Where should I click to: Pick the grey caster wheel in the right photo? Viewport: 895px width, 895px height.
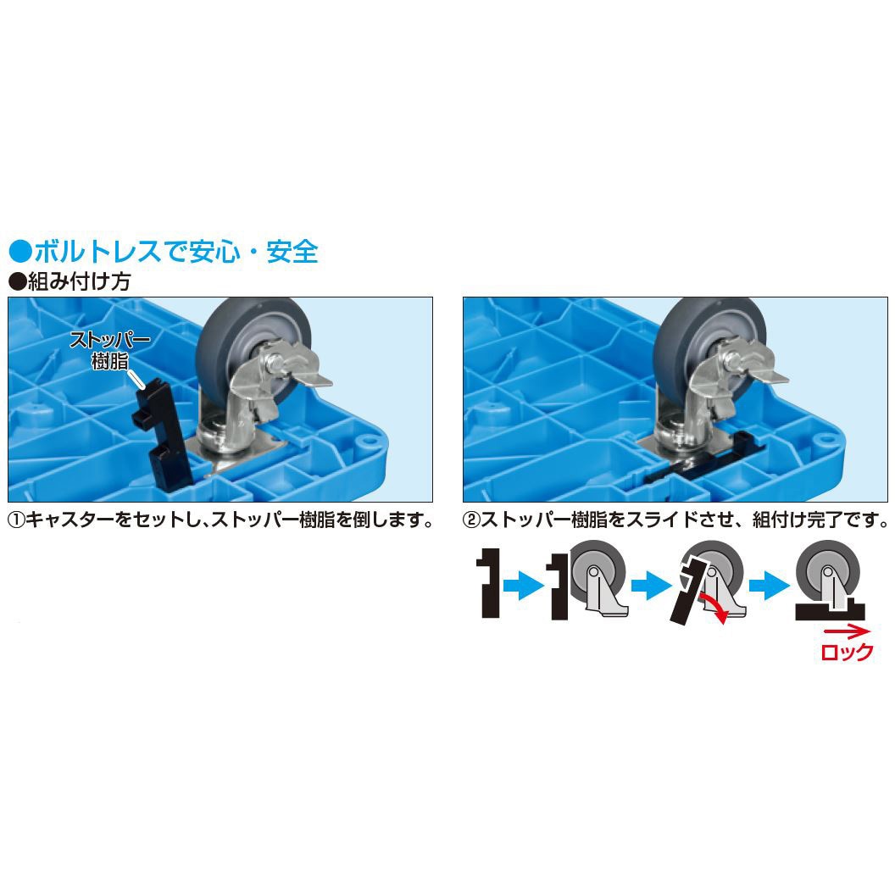pyautogui.click(x=708, y=335)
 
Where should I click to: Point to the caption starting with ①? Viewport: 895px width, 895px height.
pyautogui.click(x=222, y=520)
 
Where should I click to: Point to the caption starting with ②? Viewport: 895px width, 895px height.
pyautogui.click(x=676, y=520)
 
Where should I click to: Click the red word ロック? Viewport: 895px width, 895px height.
pyautogui.click(x=847, y=652)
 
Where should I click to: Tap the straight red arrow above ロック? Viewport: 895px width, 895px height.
pyautogui.click(x=846, y=631)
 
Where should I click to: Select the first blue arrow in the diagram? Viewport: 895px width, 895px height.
pyautogui.click(x=524, y=585)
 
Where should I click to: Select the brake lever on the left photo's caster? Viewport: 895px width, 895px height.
pyautogui.click(x=306, y=378)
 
